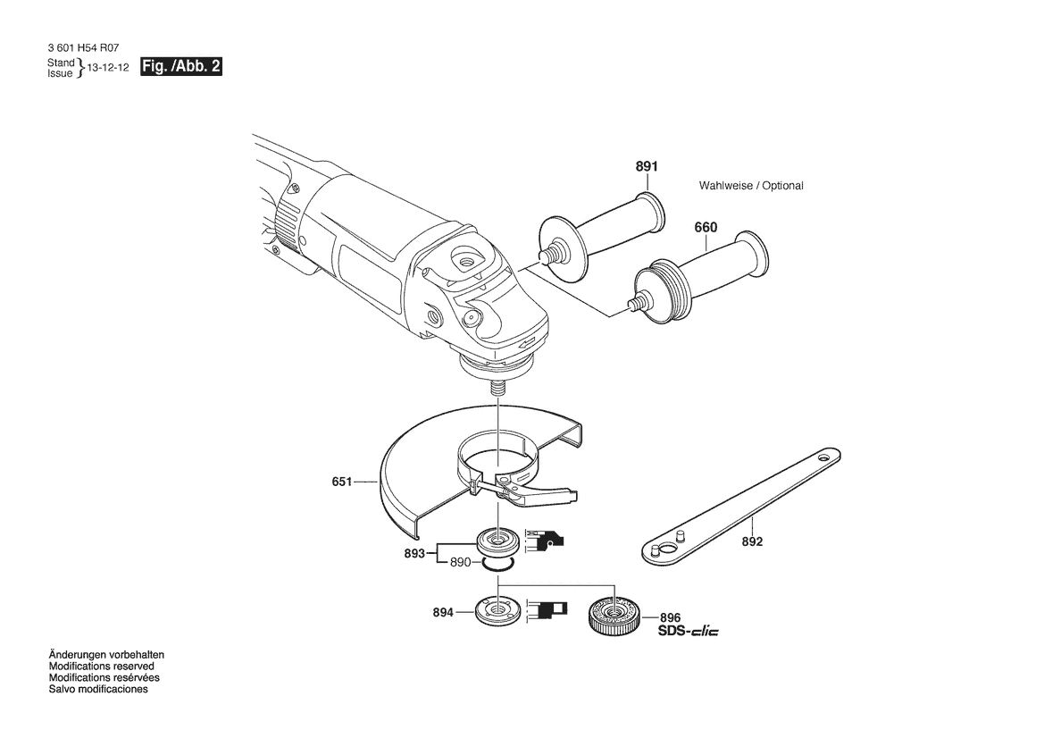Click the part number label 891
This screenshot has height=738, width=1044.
[647, 166]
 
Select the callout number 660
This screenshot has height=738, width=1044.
[706, 227]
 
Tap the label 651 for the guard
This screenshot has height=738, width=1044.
[341, 481]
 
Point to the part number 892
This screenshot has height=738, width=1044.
[752, 541]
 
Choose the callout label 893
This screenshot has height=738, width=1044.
[414, 554]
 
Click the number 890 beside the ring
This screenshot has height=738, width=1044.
[460, 562]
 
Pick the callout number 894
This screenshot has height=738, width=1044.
[443, 612]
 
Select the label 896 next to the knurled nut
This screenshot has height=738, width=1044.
[671, 618]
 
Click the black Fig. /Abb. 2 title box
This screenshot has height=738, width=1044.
[181, 67]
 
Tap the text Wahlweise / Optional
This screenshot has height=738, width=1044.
[751, 186]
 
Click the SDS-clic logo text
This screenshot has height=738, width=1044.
[689, 631]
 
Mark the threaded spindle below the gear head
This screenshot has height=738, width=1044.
[497, 388]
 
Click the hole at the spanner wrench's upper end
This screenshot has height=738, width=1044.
[824, 459]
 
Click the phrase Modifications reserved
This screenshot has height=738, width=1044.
[101, 666]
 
